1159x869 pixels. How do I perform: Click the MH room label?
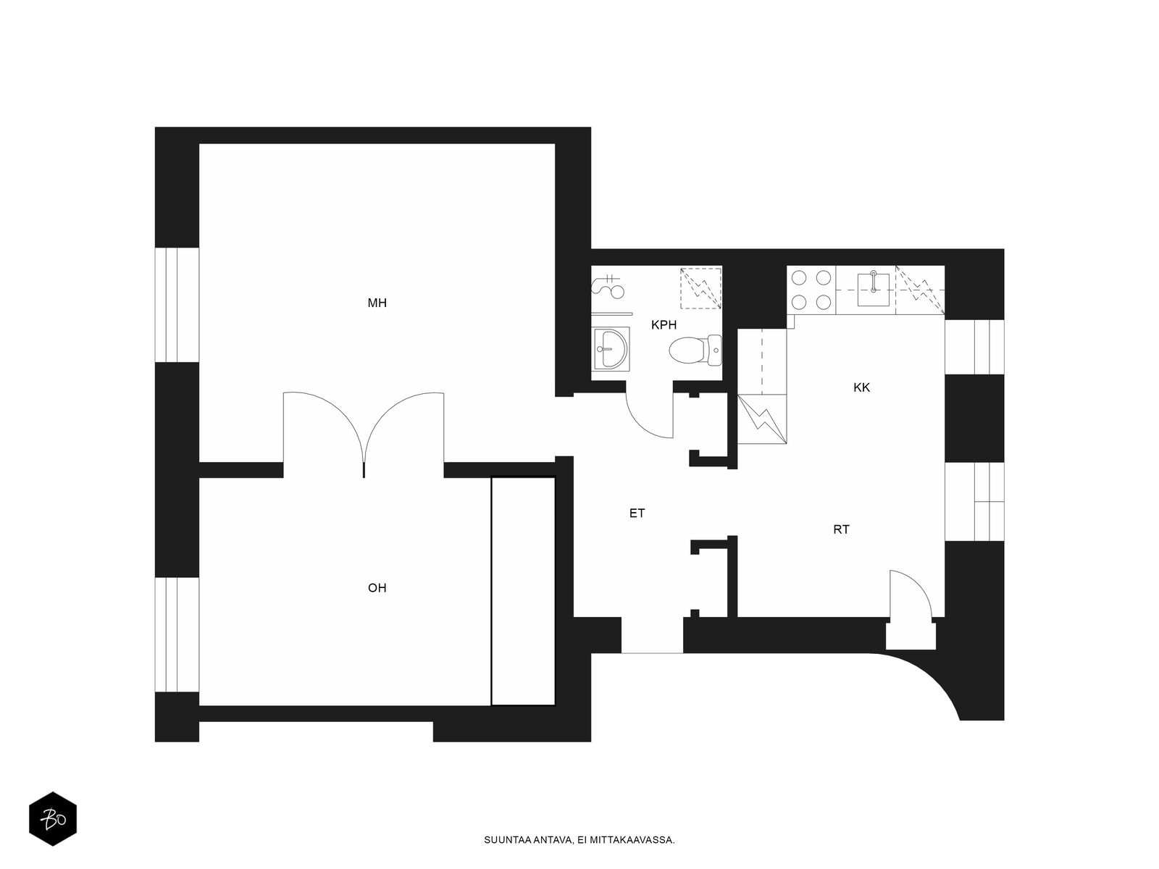377,303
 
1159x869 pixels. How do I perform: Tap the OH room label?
377,588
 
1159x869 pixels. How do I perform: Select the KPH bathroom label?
664,325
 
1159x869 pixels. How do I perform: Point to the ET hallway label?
637,513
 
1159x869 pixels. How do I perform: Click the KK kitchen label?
861,388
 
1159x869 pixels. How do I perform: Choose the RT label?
841,529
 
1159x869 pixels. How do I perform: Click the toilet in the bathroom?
695,350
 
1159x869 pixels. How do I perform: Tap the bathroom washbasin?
611,348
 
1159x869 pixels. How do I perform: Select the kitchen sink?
873,289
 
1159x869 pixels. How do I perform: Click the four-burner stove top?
811,290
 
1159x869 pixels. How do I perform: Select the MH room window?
177,305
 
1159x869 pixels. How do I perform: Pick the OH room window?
177,635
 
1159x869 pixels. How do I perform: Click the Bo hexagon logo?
53,819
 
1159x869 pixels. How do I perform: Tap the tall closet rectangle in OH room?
523,591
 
